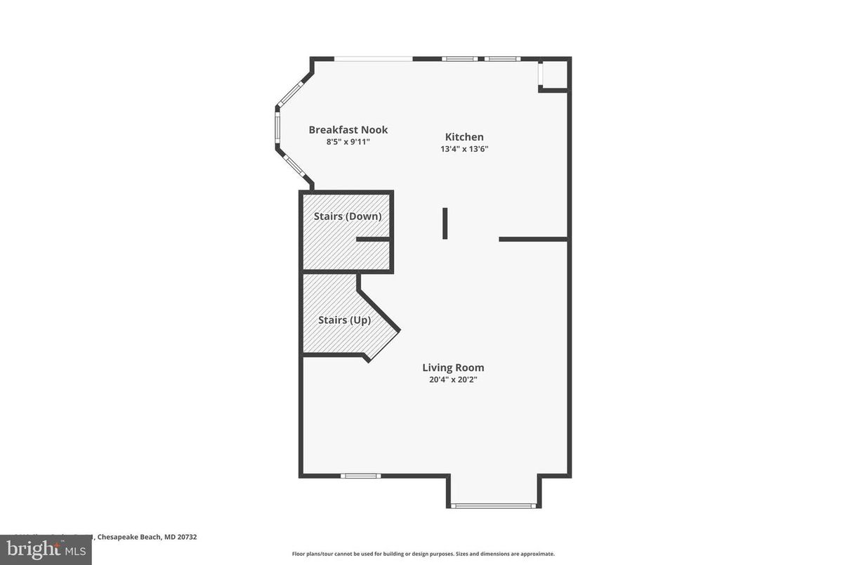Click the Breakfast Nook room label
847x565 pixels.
[348, 130]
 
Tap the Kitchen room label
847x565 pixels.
[464, 137]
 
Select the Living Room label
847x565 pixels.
[453, 368]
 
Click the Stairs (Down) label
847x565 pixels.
[348, 216]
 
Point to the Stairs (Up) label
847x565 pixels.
[344, 320]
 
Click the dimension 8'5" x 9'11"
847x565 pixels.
[348, 142]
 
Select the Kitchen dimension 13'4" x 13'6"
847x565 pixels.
[464, 149]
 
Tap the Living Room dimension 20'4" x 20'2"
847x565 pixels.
[453, 379]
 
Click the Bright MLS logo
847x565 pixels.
[46, 550]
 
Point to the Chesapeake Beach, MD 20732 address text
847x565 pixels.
[147, 537]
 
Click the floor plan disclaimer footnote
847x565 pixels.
[423, 554]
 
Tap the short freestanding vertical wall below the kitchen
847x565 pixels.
[445, 223]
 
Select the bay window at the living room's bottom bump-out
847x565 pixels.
[493, 505]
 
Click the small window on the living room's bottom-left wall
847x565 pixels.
[361, 476]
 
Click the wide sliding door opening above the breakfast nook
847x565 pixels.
[373, 58]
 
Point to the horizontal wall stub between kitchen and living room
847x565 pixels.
[532, 240]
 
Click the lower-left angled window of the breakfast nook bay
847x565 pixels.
[291, 166]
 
